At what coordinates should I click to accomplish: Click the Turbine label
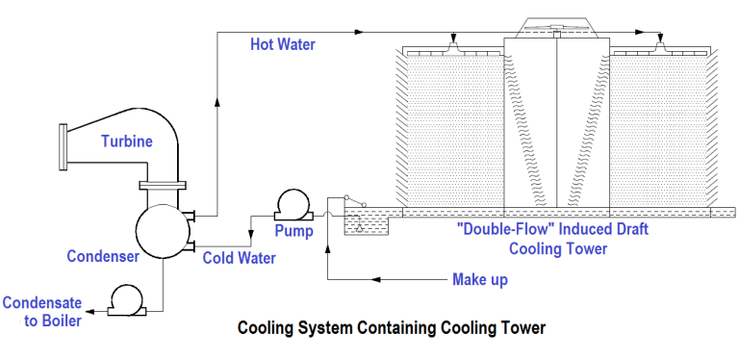coord(127,141)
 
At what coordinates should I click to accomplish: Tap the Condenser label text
coord(103,256)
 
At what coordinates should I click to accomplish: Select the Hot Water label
coord(283,43)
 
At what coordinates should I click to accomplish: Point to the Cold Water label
coord(239,258)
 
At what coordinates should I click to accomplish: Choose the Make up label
coord(479,280)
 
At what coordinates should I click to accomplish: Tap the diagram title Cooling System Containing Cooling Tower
coord(392,328)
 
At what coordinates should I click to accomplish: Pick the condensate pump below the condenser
coord(126,299)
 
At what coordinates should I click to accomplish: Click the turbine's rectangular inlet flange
coord(64,144)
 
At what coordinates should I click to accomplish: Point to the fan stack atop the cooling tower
coord(559,28)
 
